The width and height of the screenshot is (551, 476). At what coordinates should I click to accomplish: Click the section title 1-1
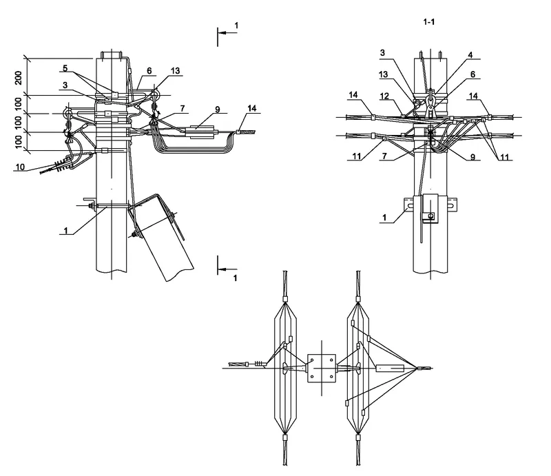pyautogui.click(x=429, y=23)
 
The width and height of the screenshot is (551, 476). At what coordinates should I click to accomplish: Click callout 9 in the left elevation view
pyautogui.click(x=216, y=109)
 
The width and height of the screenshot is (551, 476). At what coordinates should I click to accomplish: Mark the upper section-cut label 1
pyautogui.click(x=236, y=25)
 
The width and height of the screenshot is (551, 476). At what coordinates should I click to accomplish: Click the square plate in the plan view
pyautogui.click(x=320, y=369)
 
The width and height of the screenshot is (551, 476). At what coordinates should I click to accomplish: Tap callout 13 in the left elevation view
pyautogui.click(x=176, y=71)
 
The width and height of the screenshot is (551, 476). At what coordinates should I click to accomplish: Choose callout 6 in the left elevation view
pyautogui.click(x=148, y=71)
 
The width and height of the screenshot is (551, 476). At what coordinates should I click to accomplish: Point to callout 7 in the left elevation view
pyautogui.click(x=183, y=108)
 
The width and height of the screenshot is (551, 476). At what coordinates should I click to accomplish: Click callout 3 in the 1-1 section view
pyautogui.click(x=384, y=52)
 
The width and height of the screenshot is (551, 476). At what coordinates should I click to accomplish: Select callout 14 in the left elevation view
pyautogui.click(x=252, y=108)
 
